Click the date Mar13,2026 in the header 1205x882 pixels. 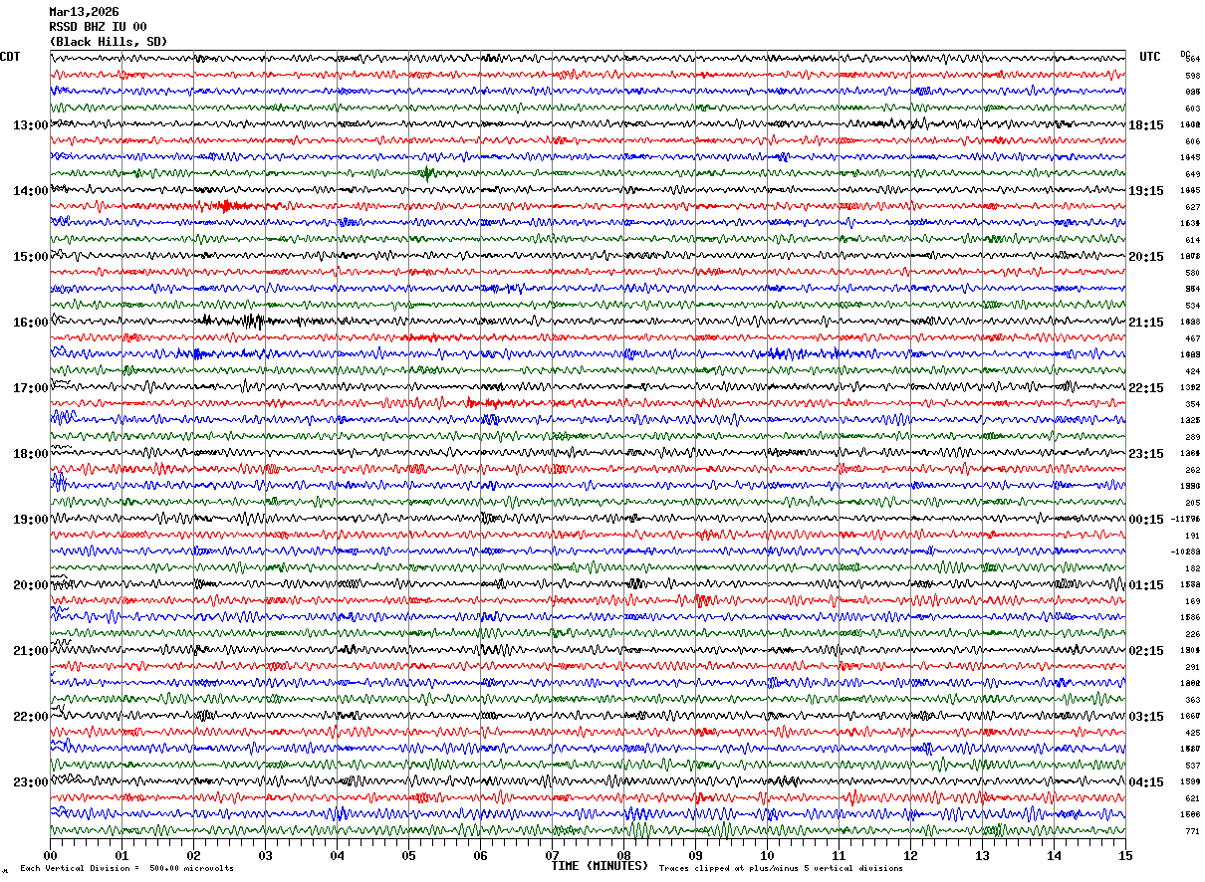(x=84, y=12)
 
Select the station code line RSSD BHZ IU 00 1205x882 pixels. (x=98, y=27)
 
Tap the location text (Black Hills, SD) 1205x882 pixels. (x=108, y=42)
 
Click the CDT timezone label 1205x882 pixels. (x=10, y=57)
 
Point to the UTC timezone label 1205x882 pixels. (x=1150, y=57)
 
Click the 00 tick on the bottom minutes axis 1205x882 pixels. (x=50, y=855)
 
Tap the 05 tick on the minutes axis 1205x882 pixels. (x=408, y=855)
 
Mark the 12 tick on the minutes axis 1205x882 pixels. (x=910, y=855)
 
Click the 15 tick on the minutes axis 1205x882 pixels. (x=1125, y=855)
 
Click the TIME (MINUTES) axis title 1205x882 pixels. (x=600, y=866)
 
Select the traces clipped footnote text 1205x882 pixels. (x=781, y=869)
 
